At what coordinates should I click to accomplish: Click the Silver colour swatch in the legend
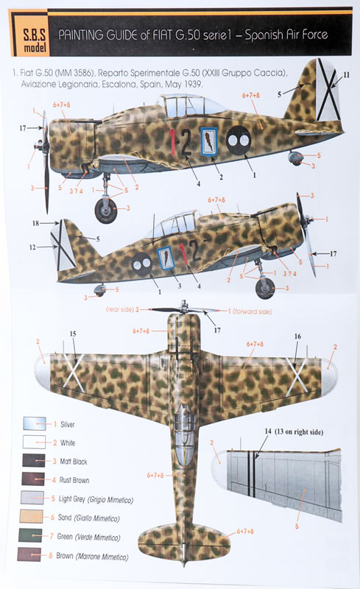(x=35, y=423)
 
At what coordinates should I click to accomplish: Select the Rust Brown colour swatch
(x=33, y=479)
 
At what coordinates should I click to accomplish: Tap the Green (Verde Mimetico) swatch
(x=30, y=535)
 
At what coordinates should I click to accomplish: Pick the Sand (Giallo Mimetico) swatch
(x=32, y=517)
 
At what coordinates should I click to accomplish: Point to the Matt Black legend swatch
(x=34, y=460)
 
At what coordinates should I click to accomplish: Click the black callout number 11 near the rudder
(x=346, y=75)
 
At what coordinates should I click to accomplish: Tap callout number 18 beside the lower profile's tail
(x=35, y=223)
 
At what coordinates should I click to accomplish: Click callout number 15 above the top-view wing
(x=73, y=334)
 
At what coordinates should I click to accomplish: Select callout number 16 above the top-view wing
(x=297, y=336)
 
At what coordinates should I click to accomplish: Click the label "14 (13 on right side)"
(x=294, y=431)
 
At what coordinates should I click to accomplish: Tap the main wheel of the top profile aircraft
(x=106, y=211)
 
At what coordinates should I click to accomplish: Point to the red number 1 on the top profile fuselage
(x=172, y=142)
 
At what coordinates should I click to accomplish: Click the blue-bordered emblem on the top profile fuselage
(x=209, y=141)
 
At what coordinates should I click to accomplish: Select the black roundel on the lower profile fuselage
(x=141, y=264)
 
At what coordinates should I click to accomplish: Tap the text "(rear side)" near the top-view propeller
(x=120, y=309)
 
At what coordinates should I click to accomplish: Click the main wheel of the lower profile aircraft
(x=265, y=288)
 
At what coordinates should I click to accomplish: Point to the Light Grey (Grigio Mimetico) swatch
(x=32, y=498)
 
